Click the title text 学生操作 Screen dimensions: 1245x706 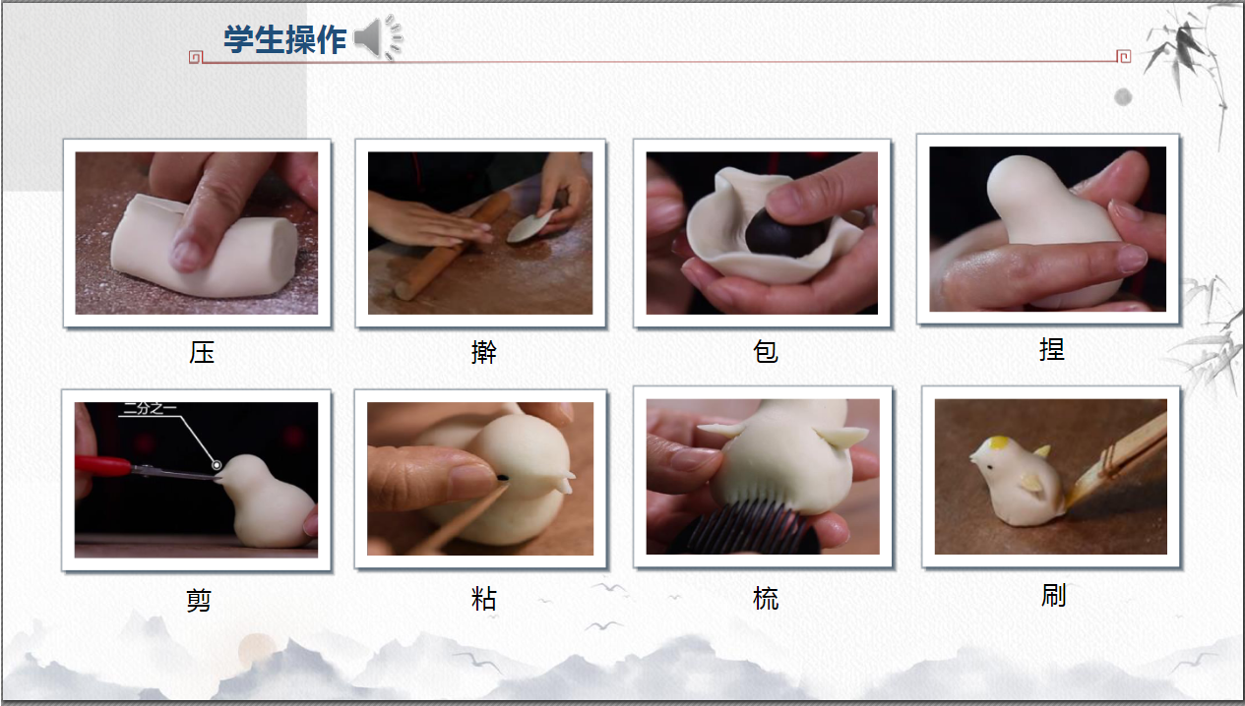[284, 40]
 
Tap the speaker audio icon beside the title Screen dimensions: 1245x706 [378, 37]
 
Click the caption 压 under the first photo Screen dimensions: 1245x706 [201, 352]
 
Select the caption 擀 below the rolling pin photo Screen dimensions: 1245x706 [483, 352]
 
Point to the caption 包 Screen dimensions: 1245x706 [766, 352]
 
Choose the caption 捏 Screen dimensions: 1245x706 [1051, 349]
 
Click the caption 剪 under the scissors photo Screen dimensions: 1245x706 [199, 601]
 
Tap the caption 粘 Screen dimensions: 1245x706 [483, 599]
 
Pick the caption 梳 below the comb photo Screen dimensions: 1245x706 [766, 599]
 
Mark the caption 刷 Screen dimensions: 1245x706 [1053, 596]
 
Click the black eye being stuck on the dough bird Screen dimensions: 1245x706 [503, 477]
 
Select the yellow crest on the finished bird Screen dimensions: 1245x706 [998, 442]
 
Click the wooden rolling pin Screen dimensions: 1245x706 [452, 246]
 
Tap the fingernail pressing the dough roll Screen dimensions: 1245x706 [187, 255]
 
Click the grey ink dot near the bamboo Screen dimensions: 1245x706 [1123, 97]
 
